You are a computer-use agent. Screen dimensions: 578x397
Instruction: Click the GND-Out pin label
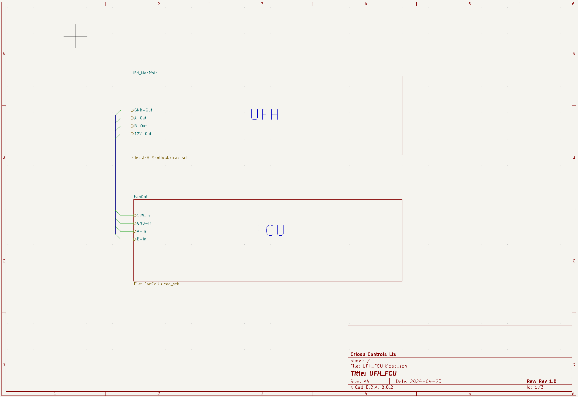(143, 110)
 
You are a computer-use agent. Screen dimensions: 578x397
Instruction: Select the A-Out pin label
(140, 118)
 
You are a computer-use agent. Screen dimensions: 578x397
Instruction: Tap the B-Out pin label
(141, 126)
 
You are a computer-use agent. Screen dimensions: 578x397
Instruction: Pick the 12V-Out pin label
(143, 134)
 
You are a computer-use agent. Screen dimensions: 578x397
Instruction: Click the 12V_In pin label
(143, 215)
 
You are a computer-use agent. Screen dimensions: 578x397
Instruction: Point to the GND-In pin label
(144, 223)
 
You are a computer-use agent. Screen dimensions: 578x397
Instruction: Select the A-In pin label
(141, 231)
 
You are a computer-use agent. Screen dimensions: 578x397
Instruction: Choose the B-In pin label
(141, 239)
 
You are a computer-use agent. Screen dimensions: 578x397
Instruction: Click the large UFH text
(265, 115)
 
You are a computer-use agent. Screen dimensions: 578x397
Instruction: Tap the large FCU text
(270, 230)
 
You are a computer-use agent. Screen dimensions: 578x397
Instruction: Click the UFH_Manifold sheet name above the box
(144, 73)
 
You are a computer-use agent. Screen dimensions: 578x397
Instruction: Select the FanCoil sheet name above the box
(141, 197)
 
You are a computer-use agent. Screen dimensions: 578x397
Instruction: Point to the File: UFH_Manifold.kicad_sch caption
(160, 158)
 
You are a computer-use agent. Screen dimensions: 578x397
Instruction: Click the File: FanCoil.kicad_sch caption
(157, 284)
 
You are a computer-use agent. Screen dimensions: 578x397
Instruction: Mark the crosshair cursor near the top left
(75, 36)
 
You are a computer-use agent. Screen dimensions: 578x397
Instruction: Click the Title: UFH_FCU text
(374, 374)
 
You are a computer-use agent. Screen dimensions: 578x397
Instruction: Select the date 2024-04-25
(426, 382)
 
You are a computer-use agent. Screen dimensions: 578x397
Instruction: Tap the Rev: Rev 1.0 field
(541, 382)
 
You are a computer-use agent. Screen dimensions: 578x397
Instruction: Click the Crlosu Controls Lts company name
(373, 354)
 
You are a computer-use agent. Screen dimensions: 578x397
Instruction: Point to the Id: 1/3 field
(535, 387)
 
